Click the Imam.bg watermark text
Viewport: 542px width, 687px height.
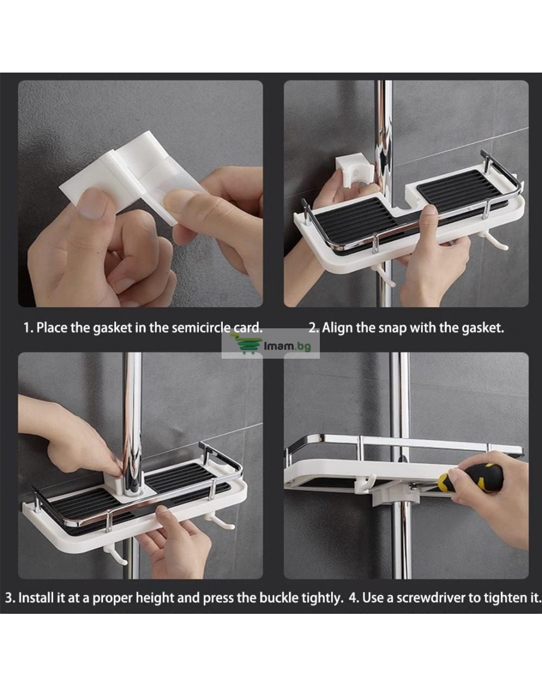[288, 346]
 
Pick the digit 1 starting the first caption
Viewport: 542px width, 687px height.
[26, 328]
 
